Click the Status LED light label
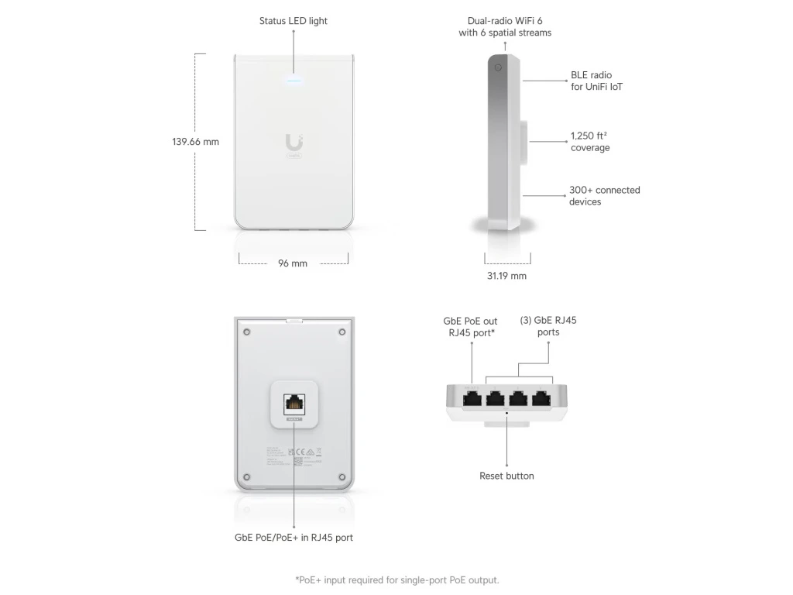pyautogui.click(x=293, y=21)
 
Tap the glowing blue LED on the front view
pyautogui.click(x=294, y=78)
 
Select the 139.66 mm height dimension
pyautogui.click(x=195, y=142)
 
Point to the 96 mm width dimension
pyautogui.click(x=293, y=263)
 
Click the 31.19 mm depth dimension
pyautogui.click(x=506, y=276)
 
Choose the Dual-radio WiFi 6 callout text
pyautogui.click(x=505, y=27)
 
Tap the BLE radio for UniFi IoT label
pyautogui.click(x=596, y=81)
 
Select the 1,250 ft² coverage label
pyautogui.click(x=590, y=142)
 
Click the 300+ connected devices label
pyautogui.click(x=604, y=196)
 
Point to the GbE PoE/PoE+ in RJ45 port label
pyautogui.click(x=294, y=537)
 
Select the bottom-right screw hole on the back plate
pyautogui.click(x=342, y=476)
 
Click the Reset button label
pyautogui.click(x=506, y=476)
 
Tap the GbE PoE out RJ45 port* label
pyautogui.click(x=470, y=326)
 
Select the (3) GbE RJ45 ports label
pyautogui.click(x=548, y=326)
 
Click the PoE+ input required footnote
pyautogui.click(x=396, y=580)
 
